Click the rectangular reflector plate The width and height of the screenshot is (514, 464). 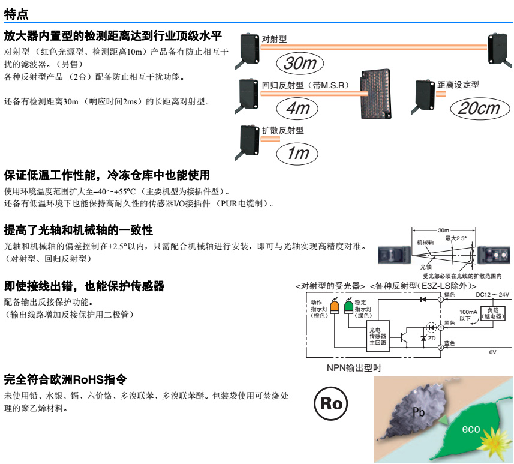(375, 94)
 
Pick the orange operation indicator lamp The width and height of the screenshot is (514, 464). (335, 307)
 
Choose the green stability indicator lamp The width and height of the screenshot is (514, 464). (349, 307)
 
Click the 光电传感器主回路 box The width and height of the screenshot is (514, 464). (378, 336)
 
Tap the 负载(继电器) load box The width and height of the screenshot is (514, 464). (492, 313)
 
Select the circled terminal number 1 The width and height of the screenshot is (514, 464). (441, 300)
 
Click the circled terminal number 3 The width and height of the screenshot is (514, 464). (441, 347)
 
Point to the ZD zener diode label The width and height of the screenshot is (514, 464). (432, 339)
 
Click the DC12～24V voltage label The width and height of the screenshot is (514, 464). (492, 294)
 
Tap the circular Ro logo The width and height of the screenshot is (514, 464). (331, 403)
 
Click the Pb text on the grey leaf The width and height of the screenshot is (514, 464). (419, 412)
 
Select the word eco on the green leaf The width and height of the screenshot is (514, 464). (471, 429)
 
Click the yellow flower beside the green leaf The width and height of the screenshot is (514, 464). (494, 441)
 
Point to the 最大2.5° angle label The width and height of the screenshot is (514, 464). (456, 238)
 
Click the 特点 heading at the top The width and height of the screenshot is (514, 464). (16, 14)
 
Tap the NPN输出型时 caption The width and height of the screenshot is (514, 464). (354, 368)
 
